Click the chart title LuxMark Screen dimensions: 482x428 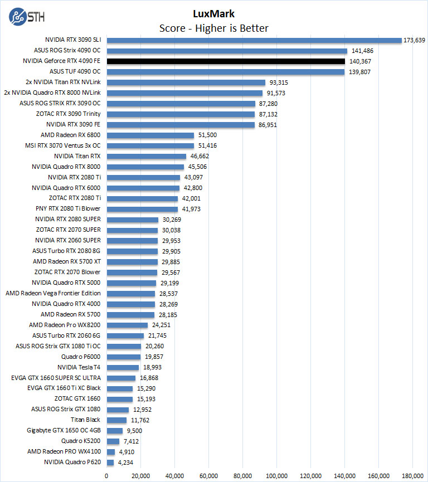click(x=214, y=14)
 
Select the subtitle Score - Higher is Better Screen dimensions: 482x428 click(x=214, y=28)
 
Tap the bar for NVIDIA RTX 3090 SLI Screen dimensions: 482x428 click(x=254, y=40)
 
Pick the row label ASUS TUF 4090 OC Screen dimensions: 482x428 click(x=75, y=72)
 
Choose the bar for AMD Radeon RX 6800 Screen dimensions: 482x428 click(x=150, y=135)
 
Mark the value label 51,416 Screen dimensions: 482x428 click(x=207, y=145)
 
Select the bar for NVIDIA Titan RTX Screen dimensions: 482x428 click(x=146, y=156)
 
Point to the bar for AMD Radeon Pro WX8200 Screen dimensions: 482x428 click(x=127, y=325)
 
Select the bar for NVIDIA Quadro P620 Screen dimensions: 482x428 click(x=110, y=462)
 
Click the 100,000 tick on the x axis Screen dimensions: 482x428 click(x=277, y=475)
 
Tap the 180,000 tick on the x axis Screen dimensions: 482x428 click(x=413, y=475)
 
